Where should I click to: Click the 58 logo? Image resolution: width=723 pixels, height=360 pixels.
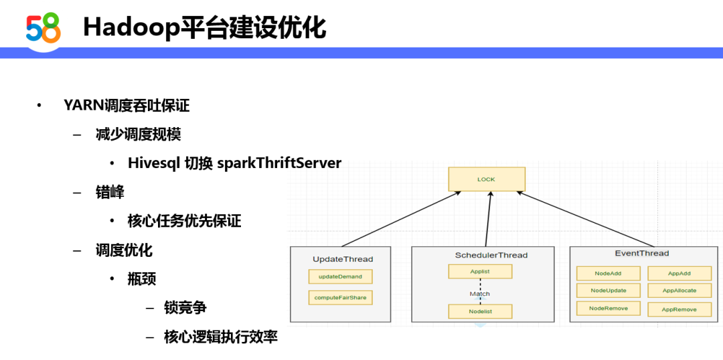click(44, 28)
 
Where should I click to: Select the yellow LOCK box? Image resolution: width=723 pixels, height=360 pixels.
click(487, 179)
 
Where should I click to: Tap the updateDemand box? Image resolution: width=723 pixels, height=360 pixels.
click(340, 276)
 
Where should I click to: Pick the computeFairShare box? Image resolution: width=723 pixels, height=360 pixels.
click(340, 297)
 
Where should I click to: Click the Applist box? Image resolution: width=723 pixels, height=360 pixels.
click(480, 272)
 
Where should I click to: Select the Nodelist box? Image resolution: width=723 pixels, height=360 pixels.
click(480, 311)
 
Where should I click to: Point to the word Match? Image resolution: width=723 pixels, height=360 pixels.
click(479, 294)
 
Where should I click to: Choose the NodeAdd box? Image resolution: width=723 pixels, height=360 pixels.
click(608, 273)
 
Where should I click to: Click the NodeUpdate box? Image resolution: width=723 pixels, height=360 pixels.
click(608, 290)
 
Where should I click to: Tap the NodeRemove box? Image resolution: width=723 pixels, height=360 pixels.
click(608, 308)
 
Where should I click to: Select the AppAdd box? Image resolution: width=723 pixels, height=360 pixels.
click(679, 273)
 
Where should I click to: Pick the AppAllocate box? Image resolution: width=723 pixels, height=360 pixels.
click(679, 290)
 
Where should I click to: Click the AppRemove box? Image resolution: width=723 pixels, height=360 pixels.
click(679, 309)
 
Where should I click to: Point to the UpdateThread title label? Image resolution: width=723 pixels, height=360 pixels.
click(343, 259)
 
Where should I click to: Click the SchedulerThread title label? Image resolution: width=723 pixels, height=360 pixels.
click(491, 255)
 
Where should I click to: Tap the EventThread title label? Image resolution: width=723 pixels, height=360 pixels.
click(642, 253)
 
